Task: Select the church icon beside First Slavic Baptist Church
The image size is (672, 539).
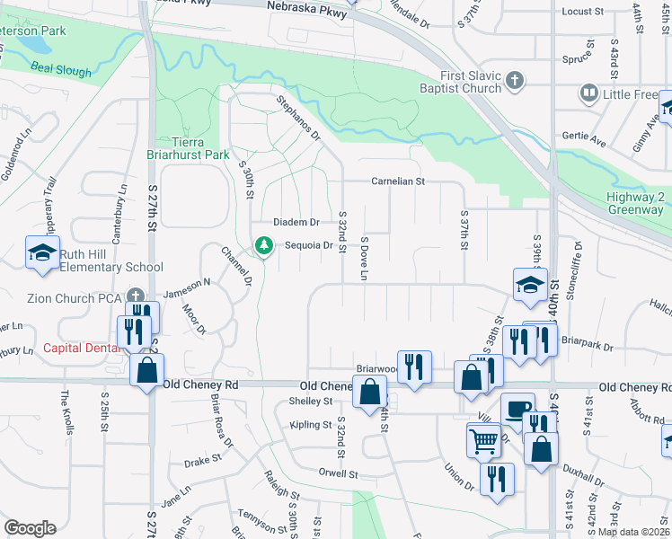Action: pyautogui.click(x=515, y=82)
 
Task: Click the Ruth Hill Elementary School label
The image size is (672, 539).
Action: pyautogui.click(x=111, y=261)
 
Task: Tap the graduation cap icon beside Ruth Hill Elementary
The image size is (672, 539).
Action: pyautogui.click(x=42, y=254)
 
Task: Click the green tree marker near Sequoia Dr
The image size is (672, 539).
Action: pyautogui.click(x=263, y=244)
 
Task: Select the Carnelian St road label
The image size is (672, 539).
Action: pyautogui.click(x=398, y=181)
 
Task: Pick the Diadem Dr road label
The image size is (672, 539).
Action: pyautogui.click(x=296, y=222)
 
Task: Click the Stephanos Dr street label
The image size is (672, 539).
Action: pyautogui.click(x=298, y=118)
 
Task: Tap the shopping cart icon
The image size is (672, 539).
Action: pyautogui.click(x=483, y=440)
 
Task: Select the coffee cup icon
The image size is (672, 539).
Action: pyautogui.click(x=517, y=409)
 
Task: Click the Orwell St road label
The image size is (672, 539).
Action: pyautogui.click(x=338, y=473)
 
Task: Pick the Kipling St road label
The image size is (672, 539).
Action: pyautogui.click(x=312, y=424)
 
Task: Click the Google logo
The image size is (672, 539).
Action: pyautogui.click(x=30, y=528)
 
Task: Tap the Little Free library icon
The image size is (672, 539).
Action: pyautogui.click(x=589, y=93)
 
